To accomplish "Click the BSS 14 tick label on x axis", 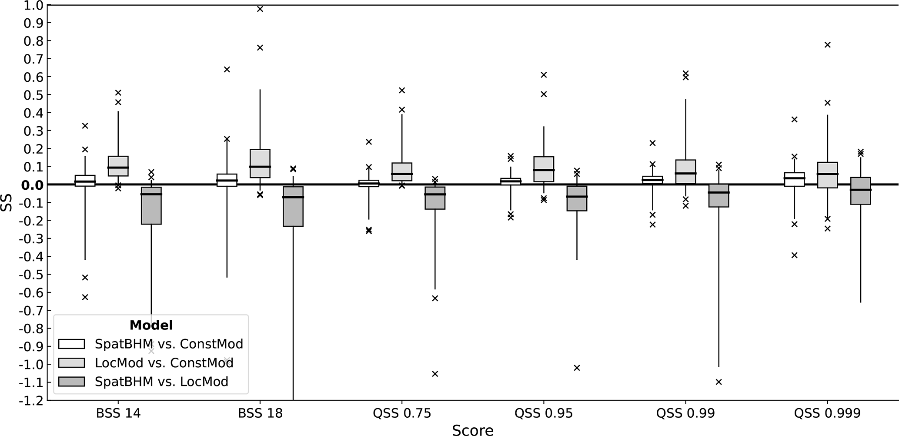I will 118,413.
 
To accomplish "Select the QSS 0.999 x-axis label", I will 827,413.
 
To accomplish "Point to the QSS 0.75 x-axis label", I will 402,413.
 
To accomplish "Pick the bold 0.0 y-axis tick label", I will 31,185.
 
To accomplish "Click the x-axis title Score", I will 473,430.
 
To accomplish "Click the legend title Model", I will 151,325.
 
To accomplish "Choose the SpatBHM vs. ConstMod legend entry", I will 169,344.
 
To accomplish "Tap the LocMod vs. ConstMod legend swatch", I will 71,363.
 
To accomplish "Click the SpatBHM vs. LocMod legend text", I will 161,382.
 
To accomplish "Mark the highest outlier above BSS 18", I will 260,9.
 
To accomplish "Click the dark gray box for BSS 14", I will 151,206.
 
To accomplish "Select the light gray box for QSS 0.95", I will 544,169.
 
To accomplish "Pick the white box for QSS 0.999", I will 794,179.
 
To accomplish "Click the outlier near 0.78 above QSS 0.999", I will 828,45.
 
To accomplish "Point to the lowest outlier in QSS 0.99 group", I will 719,382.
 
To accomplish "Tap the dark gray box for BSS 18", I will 293,207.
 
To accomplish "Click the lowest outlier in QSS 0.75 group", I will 435,374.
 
